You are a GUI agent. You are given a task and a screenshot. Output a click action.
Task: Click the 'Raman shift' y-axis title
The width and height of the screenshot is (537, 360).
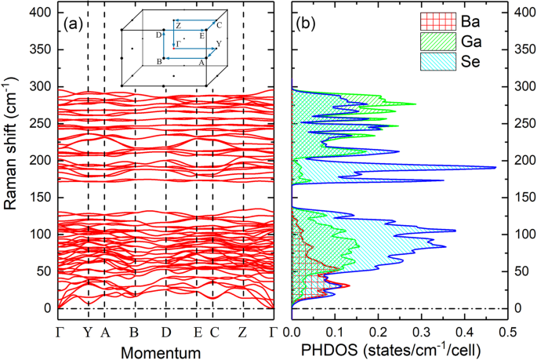point(12,162)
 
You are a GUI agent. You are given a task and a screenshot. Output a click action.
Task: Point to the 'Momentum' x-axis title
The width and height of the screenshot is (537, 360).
point(166,353)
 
